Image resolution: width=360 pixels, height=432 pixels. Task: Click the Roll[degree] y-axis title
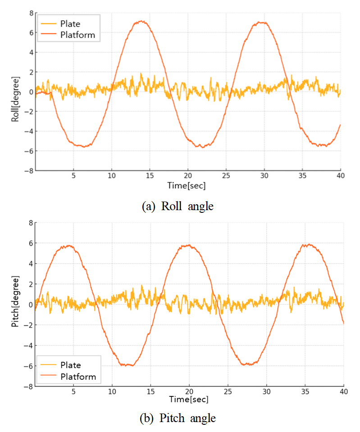14,92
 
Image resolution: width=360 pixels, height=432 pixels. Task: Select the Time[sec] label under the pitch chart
188,399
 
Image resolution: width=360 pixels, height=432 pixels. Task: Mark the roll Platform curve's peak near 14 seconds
142,21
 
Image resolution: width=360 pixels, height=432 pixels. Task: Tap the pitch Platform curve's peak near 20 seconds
189,245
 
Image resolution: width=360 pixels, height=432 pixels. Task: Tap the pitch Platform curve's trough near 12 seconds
127,365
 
